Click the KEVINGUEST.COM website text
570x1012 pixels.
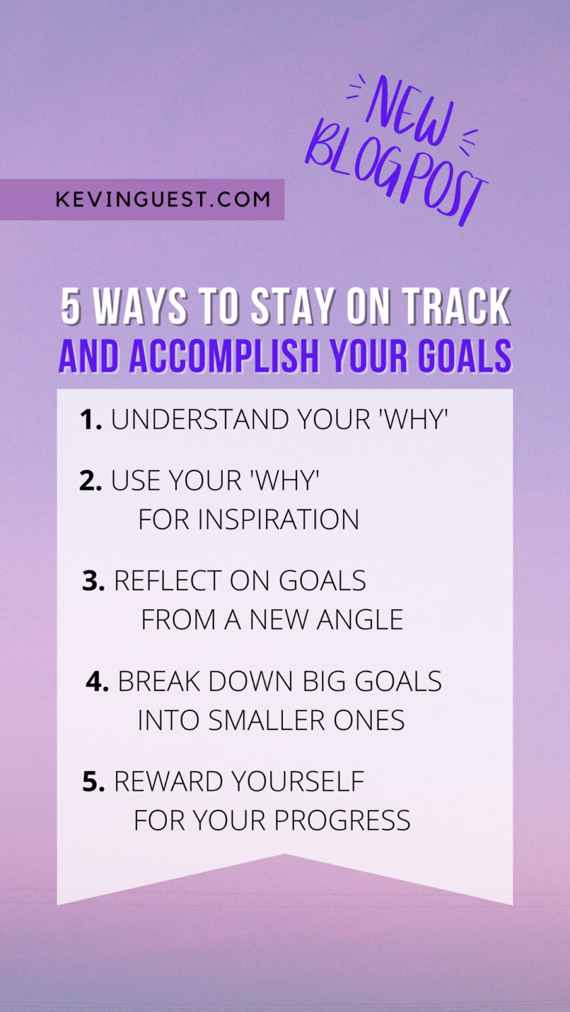pyautogui.click(x=163, y=200)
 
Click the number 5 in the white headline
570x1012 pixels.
pyautogui.click(x=71, y=307)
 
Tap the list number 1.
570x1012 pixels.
pyautogui.click(x=90, y=420)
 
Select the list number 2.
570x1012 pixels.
pyautogui.click(x=90, y=481)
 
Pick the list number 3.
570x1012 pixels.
pyautogui.click(x=93, y=581)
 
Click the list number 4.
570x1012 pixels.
pyautogui.click(x=97, y=682)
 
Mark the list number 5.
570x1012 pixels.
pyautogui.click(x=93, y=782)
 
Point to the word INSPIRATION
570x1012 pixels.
pyautogui.click(x=278, y=519)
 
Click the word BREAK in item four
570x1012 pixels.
pyautogui.click(x=159, y=682)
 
